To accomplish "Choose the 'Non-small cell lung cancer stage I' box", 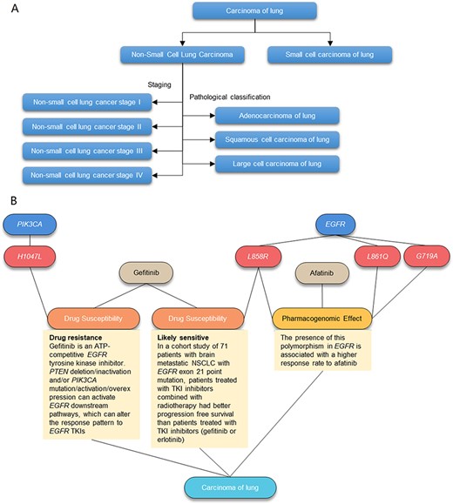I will (x=81, y=103).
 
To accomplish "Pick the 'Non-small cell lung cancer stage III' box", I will (x=81, y=151).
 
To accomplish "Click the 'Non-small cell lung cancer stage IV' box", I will (x=81, y=175).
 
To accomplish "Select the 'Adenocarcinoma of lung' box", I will (x=278, y=115).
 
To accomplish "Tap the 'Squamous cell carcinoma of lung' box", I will (x=278, y=139).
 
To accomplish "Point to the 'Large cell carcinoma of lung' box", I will (x=278, y=163).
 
